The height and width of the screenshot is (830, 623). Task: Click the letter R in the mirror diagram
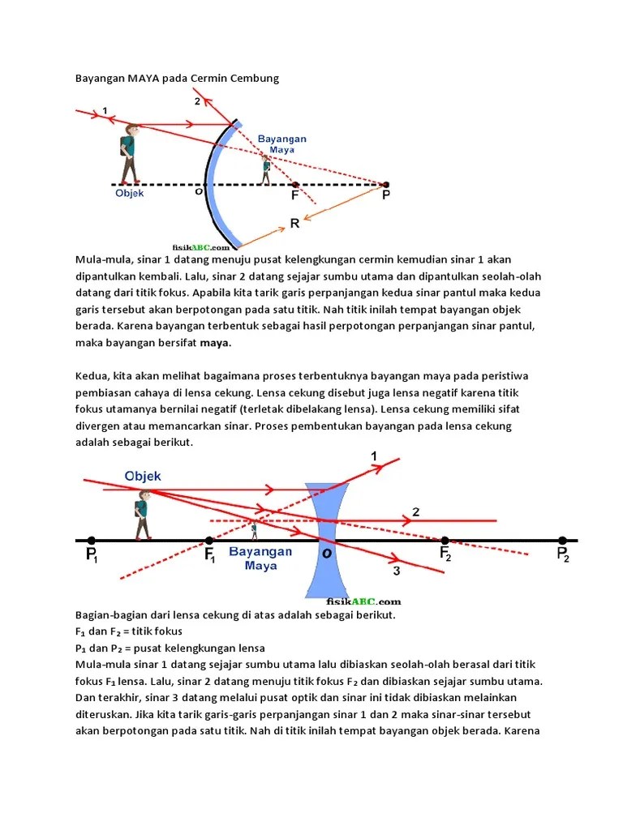click(x=295, y=222)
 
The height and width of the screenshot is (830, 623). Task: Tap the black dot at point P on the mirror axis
click(x=385, y=185)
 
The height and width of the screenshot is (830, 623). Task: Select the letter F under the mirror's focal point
click(x=294, y=196)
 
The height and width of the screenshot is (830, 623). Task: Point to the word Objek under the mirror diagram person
click(x=129, y=193)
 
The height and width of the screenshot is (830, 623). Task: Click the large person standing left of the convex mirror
click(x=128, y=154)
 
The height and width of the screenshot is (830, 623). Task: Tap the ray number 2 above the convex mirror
click(x=197, y=101)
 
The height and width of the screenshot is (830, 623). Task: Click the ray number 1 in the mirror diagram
click(x=105, y=110)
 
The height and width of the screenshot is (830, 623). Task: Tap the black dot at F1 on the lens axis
click(x=209, y=540)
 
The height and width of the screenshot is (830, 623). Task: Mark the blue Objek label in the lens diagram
click(x=143, y=475)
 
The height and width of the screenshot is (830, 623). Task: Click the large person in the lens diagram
click(x=143, y=518)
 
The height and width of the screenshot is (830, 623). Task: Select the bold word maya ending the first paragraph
click(x=215, y=343)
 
